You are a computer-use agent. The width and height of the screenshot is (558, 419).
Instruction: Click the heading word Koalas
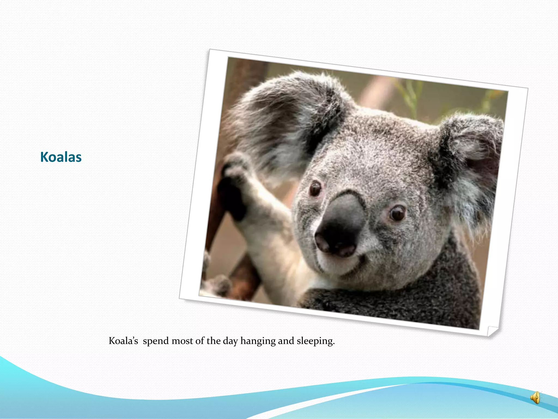[x=61, y=157]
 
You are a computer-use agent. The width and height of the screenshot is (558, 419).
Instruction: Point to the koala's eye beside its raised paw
[x=316, y=188]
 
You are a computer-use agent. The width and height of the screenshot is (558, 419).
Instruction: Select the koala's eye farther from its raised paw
[x=398, y=213]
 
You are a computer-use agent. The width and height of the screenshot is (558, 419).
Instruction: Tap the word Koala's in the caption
[x=123, y=341]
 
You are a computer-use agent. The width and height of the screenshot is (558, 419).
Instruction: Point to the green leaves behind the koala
[x=409, y=93]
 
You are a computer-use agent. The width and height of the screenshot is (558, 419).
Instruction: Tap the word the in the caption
[x=213, y=341]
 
